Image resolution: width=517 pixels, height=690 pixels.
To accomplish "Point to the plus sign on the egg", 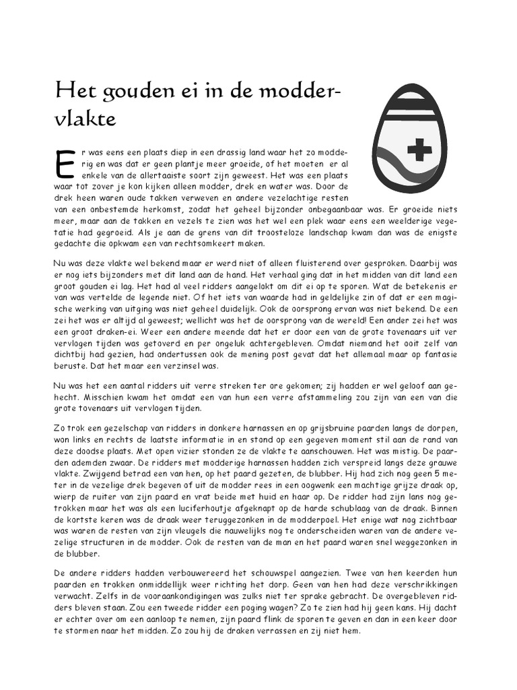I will click(419, 149).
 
